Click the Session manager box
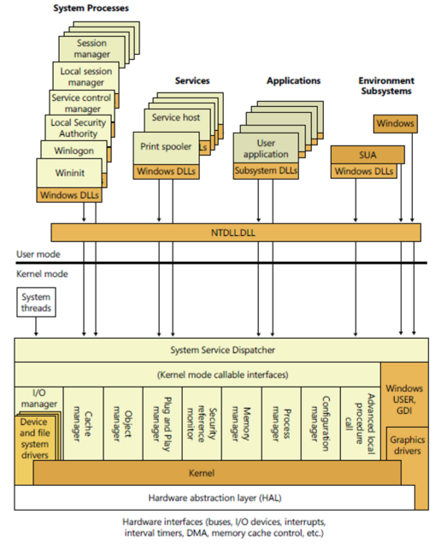click(x=91, y=48)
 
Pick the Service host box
click(x=176, y=117)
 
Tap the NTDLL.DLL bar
click(x=235, y=232)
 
